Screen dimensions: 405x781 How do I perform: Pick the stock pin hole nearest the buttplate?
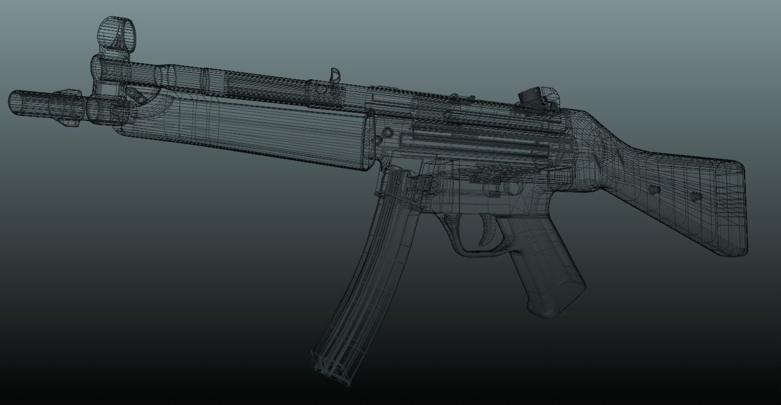(x=695, y=196)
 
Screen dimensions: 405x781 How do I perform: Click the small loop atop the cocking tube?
(x=334, y=74)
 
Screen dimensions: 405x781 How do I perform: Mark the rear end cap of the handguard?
(x=368, y=140)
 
